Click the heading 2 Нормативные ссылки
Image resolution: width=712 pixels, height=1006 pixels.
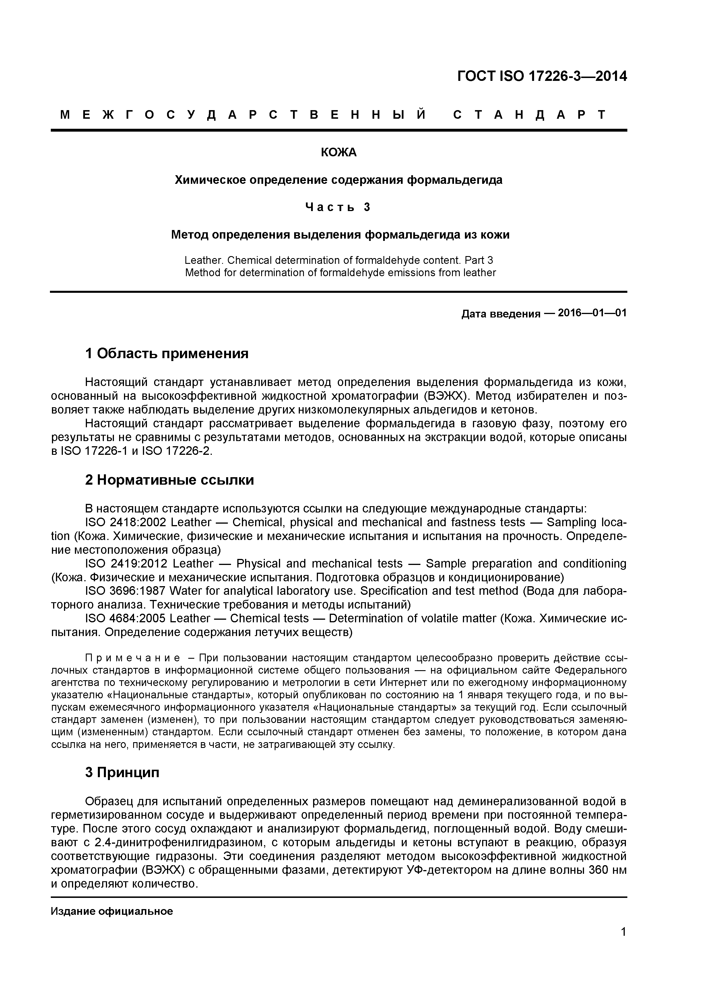[x=169, y=480]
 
